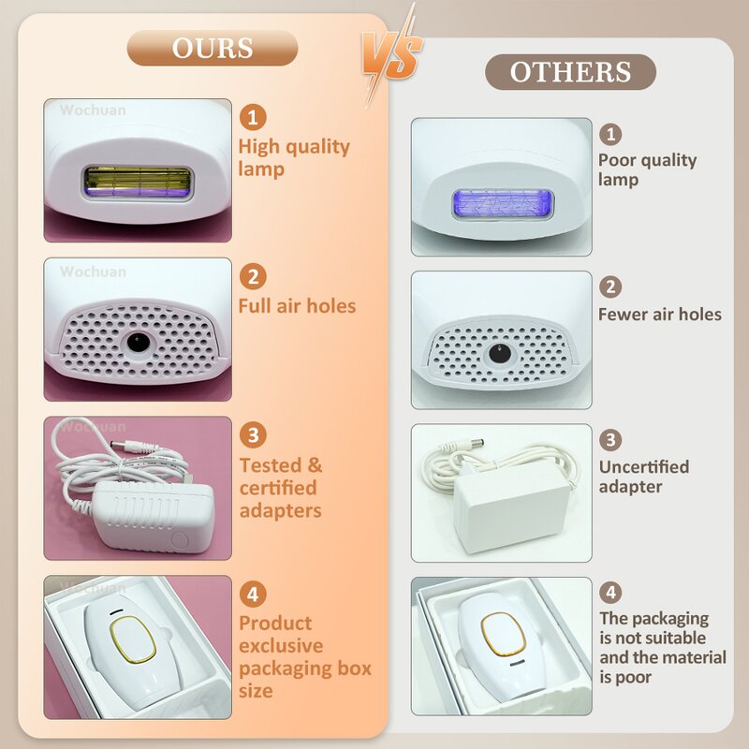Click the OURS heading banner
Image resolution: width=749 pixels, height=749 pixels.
click(x=212, y=49)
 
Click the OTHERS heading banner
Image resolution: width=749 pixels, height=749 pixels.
click(x=570, y=72)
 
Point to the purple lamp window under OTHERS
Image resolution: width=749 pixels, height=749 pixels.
click(x=502, y=202)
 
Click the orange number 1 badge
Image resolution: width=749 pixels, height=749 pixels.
click(x=253, y=117)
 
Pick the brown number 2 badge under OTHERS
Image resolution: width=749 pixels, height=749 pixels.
click(x=610, y=287)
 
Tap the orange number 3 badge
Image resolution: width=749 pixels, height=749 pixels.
click(x=253, y=434)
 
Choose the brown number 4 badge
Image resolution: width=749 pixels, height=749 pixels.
click(x=610, y=592)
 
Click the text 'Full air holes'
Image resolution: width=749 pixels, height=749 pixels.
click(x=297, y=306)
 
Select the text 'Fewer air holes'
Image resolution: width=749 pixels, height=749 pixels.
click(x=660, y=315)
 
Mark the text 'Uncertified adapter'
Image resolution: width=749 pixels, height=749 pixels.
click(x=644, y=477)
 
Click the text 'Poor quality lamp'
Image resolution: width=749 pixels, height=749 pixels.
click(x=648, y=169)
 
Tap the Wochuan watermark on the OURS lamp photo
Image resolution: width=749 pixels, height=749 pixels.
click(x=94, y=110)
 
